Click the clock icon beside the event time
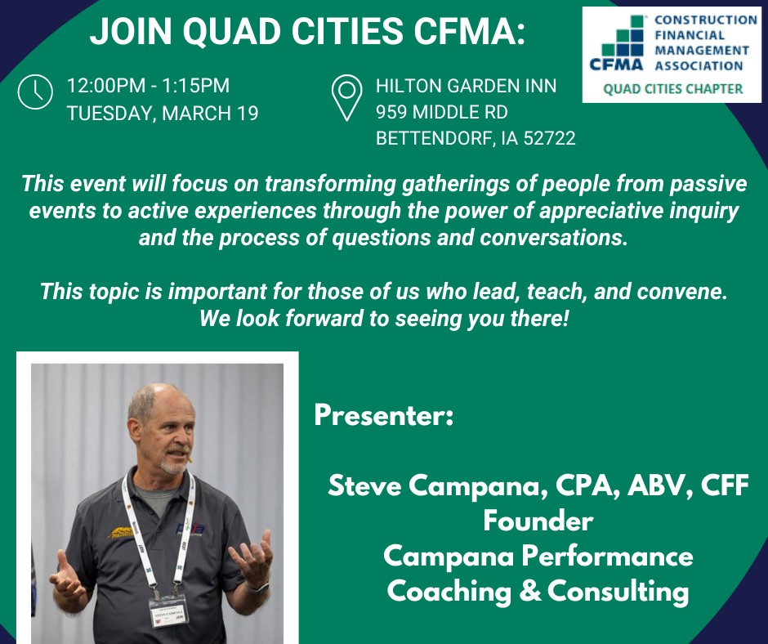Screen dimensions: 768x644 [x=35, y=92]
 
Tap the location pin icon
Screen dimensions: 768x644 [x=346, y=97]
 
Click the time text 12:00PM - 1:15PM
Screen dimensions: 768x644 [x=148, y=86]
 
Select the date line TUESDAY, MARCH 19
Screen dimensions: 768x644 [x=163, y=114]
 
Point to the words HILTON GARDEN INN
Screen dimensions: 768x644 [x=466, y=87]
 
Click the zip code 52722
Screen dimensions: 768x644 [x=550, y=138]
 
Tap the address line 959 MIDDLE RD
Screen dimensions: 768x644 [x=442, y=112]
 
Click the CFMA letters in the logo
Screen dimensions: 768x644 [x=616, y=65]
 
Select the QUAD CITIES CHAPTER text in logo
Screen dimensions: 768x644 [x=673, y=89]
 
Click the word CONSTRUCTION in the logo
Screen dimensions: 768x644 [x=706, y=20]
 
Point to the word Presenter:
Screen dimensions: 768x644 [x=384, y=415]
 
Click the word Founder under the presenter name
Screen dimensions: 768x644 [x=538, y=521]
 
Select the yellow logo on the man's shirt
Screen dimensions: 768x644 [x=120, y=532]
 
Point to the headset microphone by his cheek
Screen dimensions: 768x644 [x=190, y=460]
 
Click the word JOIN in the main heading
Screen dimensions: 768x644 [x=131, y=31]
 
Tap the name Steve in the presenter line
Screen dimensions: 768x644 [x=364, y=485]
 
